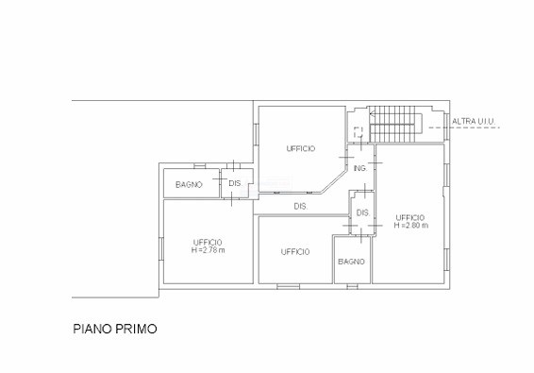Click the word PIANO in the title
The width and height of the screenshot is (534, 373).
tap(92, 329)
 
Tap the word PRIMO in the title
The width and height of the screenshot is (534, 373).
tap(136, 329)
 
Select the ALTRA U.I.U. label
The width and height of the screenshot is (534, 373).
tap(474, 121)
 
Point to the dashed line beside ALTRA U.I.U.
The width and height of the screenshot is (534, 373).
tap(464, 127)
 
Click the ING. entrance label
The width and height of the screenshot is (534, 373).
tap(360, 168)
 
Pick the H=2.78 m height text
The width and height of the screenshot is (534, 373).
tap(209, 250)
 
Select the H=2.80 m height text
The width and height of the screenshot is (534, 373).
tap(411, 226)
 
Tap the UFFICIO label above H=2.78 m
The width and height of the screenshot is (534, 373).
tap(208, 243)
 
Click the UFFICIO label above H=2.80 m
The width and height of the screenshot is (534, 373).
tap(410, 217)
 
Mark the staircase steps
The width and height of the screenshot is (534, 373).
tap(392, 124)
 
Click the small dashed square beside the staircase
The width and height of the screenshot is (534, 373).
tap(358, 132)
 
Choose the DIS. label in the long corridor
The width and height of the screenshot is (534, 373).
tap(301, 206)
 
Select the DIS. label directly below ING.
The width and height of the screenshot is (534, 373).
tap(363, 213)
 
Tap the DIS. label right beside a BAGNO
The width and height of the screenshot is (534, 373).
tap(235, 183)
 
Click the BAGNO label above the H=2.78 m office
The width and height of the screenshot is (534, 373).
tap(189, 185)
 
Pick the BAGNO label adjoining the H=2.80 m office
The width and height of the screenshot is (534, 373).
tap(352, 262)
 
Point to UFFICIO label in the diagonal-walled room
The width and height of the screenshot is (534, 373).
tap(301, 148)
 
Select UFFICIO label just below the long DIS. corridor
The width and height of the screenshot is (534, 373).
tap(295, 252)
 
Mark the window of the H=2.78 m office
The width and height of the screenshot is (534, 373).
tap(161, 249)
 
